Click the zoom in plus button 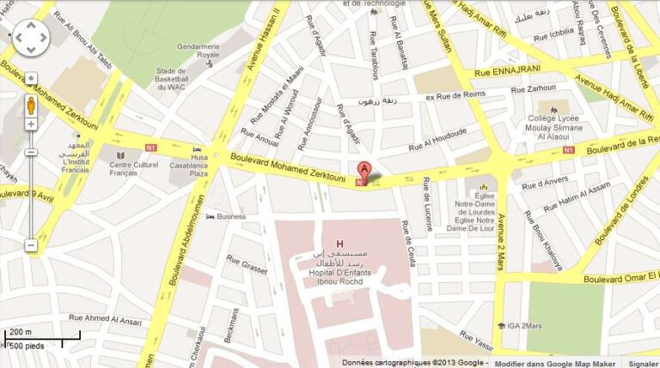tap(31, 124)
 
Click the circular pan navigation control tap(31, 37)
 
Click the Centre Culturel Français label tap(135, 168)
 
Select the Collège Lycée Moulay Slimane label tap(554, 130)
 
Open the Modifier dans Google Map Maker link tap(555, 363)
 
